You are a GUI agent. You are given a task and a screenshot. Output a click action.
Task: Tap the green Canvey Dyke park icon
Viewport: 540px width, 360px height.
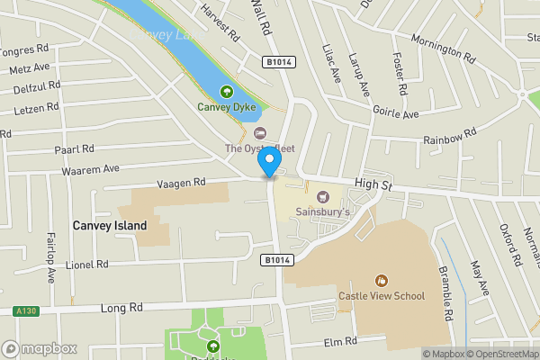point(225,91)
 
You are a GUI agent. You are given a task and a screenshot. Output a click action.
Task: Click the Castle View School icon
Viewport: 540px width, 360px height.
point(382,280)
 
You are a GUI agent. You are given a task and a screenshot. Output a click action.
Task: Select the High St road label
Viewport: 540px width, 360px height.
point(374,184)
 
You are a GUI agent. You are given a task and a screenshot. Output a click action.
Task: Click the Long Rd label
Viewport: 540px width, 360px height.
point(121,308)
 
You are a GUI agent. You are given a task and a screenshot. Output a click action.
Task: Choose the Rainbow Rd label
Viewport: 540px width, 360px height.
point(449,137)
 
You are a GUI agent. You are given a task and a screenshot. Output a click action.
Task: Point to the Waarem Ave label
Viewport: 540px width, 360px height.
point(91,168)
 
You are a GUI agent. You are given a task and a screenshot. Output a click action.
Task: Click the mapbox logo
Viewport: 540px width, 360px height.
point(40,348)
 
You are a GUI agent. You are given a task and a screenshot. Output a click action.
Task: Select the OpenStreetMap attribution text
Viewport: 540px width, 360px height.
point(500,354)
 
